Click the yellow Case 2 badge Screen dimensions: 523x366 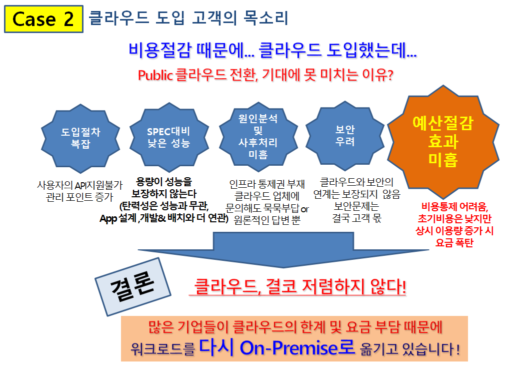[x=43, y=19]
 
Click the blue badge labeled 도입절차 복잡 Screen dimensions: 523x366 [x=80, y=138]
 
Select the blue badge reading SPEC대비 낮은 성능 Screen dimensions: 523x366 [x=169, y=137]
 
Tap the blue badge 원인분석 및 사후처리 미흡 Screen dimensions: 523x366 [x=258, y=137]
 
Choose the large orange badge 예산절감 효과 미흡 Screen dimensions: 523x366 [x=443, y=142]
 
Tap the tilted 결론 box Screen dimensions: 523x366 [x=133, y=286]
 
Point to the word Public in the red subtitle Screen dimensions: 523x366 [x=155, y=76]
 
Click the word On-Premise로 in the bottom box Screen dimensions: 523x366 [x=297, y=347]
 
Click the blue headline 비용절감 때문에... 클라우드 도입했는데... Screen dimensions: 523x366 [x=272, y=50]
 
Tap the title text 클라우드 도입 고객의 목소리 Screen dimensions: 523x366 [x=188, y=18]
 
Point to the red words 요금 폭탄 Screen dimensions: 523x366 [x=454, y=243]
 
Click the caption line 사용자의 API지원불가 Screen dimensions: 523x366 [x=79, y=185]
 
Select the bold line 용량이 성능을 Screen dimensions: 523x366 [x=164, y=182]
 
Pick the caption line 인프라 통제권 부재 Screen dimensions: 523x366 [x=267, y=184]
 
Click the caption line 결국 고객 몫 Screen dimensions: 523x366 [x=356, y=218]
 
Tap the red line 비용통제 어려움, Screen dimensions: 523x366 [x=454, y=207]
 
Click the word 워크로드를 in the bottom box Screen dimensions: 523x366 [x=162, y=349]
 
